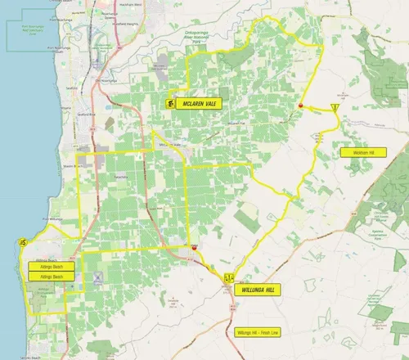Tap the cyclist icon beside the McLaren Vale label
pyautogui.click(x=169, y=104)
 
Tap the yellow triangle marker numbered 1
pyautogui.click(x=336, y=107)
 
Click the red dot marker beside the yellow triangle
pyautogui.click(x=301, y=106)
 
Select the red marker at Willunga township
pyautogui.click(x=194, y=246)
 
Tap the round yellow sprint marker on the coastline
pyautogui.click(x=22, y=242)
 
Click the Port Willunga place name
pyautogui.click(x=51, y=219)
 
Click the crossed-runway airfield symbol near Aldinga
pyautogui.click(x=98, y=279)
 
